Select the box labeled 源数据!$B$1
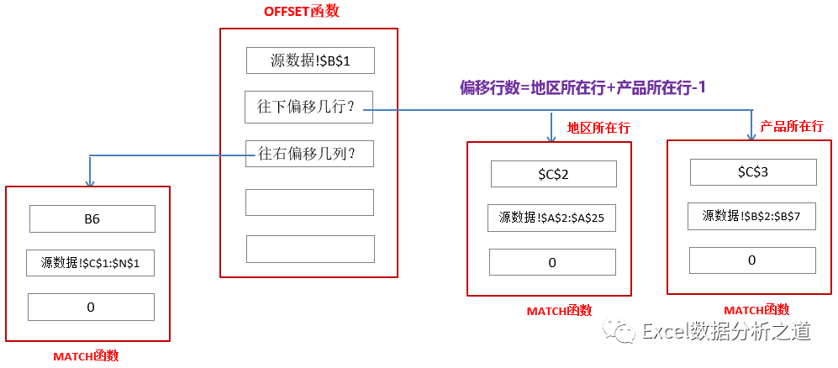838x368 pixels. point(309,61)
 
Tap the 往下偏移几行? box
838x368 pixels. point(308,108)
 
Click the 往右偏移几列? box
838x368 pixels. point(308,155)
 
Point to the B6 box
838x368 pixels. point(92,219)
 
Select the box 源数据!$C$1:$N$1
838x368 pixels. point(91,263)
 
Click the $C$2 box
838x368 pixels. point(553,174)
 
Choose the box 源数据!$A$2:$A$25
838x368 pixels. point(551,218)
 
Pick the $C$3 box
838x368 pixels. point(752,172)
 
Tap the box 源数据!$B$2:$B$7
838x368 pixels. point(751,216)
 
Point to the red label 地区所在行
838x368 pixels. point(598,129)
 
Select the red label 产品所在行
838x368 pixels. point(791,126)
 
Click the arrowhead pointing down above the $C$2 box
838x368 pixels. point(551,136)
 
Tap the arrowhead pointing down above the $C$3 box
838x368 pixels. point(752,134)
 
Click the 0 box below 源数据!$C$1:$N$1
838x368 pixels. point(91,307)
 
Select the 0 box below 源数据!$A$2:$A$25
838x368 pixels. point(551,263)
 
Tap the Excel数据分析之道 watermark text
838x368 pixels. point(725,333)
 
